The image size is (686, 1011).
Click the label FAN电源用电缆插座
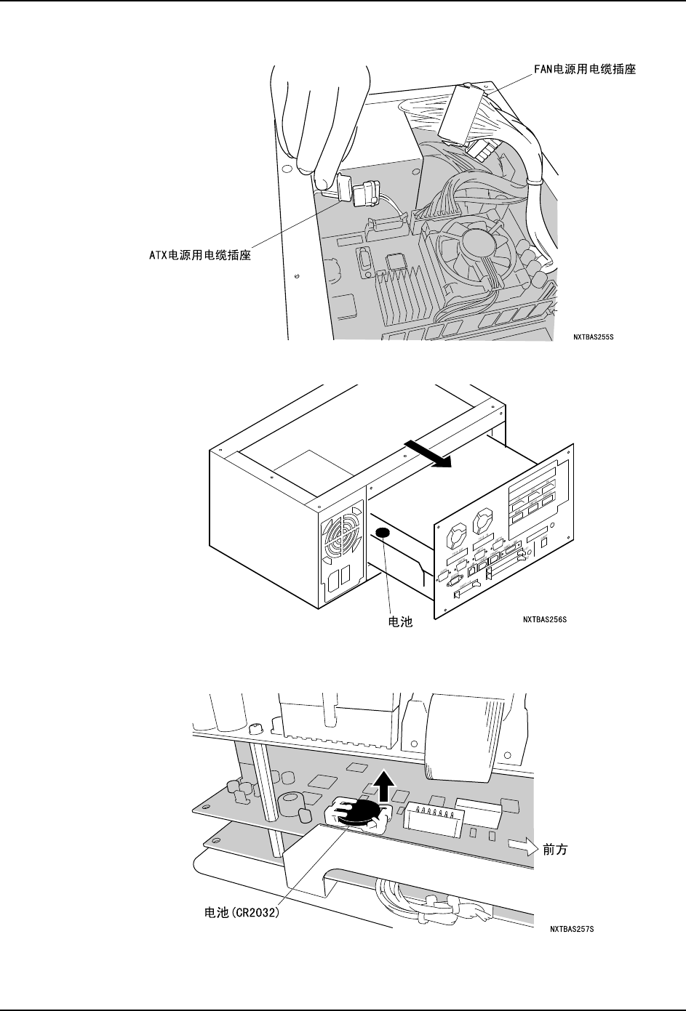pyautogui.click(x=581, y=70)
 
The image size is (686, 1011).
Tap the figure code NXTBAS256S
pyautogui.click(x=544, y=619)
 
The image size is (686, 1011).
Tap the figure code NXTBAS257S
pyautogui.click(x=572, y=929)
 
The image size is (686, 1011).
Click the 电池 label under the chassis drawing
pyautogui.click(x=398, y=622)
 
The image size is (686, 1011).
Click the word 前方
pyautogui.click(x=555, y=850)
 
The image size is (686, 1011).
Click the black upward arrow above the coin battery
pyautogui.click(x=386, y=787)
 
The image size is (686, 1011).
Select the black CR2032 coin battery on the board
pyautogui.click(x=360, y=813)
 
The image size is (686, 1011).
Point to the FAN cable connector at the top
pyautogui.click(x=464, y=113)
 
